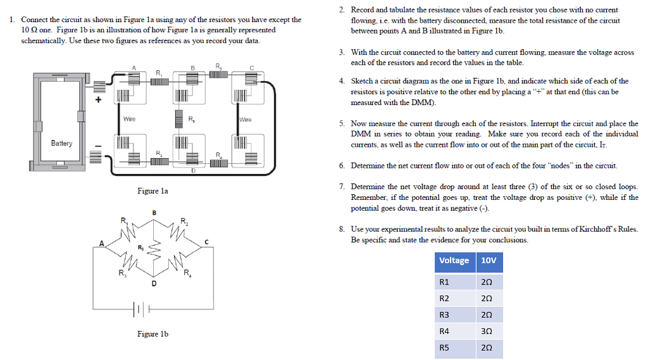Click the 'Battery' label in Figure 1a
click(61, 143)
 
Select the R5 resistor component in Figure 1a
click(180, 119)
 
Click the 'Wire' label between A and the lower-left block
click(129, 119)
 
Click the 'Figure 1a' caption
click(153, 190)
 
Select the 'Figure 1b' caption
click(153, 333)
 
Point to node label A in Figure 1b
click(101, 242)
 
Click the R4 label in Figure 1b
click(187, 273)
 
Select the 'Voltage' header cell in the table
click(454, 261)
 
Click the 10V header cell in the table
click(489, 261)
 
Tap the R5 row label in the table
click(444, 347)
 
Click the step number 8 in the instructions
click(341, 229)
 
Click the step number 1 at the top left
click(13, 20)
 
